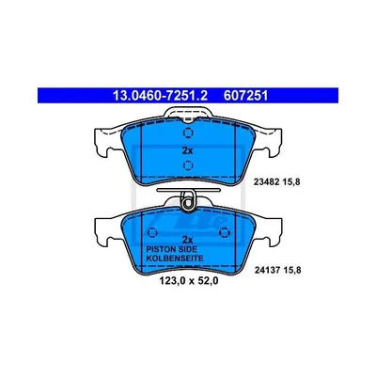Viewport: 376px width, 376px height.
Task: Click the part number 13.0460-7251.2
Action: click(160, 95)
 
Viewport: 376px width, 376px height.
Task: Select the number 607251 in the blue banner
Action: click(245, 95)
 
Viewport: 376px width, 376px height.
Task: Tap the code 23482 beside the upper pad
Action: click(266, 182)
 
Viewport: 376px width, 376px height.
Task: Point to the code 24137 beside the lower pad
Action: click(266, 270)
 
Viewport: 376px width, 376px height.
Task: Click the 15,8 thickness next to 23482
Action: click(291, 182)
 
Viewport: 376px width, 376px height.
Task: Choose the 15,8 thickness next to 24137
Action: click(292, 270)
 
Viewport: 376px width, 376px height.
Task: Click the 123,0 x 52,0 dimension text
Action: click(189, 281)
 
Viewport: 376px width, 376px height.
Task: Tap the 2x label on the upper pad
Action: click(187, 150)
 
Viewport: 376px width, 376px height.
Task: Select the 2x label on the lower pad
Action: click(187, 240)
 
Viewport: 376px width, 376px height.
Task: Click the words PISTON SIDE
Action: click(172, 249)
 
